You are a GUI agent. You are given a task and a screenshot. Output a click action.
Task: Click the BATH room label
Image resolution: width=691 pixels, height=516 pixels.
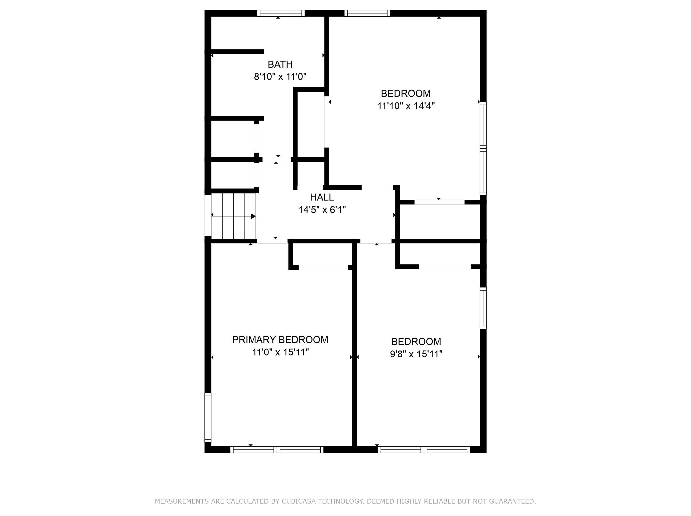click(x=280, y=64)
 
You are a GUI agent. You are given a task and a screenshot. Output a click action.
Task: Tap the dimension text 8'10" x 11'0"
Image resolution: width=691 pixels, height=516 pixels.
click(x=280, y=77)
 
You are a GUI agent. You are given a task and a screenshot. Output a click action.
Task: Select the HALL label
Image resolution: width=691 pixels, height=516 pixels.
click(x=322, y=197)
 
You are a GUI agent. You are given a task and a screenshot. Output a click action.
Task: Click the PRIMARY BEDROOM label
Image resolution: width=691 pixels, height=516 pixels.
click(x=280, y=340)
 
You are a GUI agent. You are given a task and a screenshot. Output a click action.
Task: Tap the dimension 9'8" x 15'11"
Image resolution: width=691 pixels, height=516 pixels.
click(x=416, y=354)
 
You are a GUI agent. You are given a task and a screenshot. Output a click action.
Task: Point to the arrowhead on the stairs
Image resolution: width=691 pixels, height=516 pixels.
click(x=253, y=216)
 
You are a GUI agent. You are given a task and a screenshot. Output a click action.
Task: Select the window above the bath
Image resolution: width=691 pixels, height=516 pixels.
click(x=281, y=13)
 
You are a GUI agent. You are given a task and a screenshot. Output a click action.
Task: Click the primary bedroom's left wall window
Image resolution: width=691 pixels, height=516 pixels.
click(x=208, y=417)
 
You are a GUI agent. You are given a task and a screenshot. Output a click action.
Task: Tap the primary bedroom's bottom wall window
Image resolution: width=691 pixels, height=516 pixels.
click(x=277, y=450)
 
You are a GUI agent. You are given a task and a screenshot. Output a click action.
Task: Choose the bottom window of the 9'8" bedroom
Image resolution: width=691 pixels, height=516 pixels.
click(x=424, y=450)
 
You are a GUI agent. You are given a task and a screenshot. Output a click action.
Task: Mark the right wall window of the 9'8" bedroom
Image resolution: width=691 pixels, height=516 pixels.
click(x=483, y=308)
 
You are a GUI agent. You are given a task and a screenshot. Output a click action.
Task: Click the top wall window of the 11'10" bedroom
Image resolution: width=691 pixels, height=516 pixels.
click(x=367, y=13)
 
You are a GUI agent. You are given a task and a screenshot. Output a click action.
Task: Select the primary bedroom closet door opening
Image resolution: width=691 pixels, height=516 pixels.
click(x=323, y=267)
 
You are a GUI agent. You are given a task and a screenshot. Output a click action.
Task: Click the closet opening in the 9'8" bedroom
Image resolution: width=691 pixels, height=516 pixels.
click(x=445, y=267)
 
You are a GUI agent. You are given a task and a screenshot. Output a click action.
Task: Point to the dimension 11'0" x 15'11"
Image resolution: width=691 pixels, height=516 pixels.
click(x=280, y=352)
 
